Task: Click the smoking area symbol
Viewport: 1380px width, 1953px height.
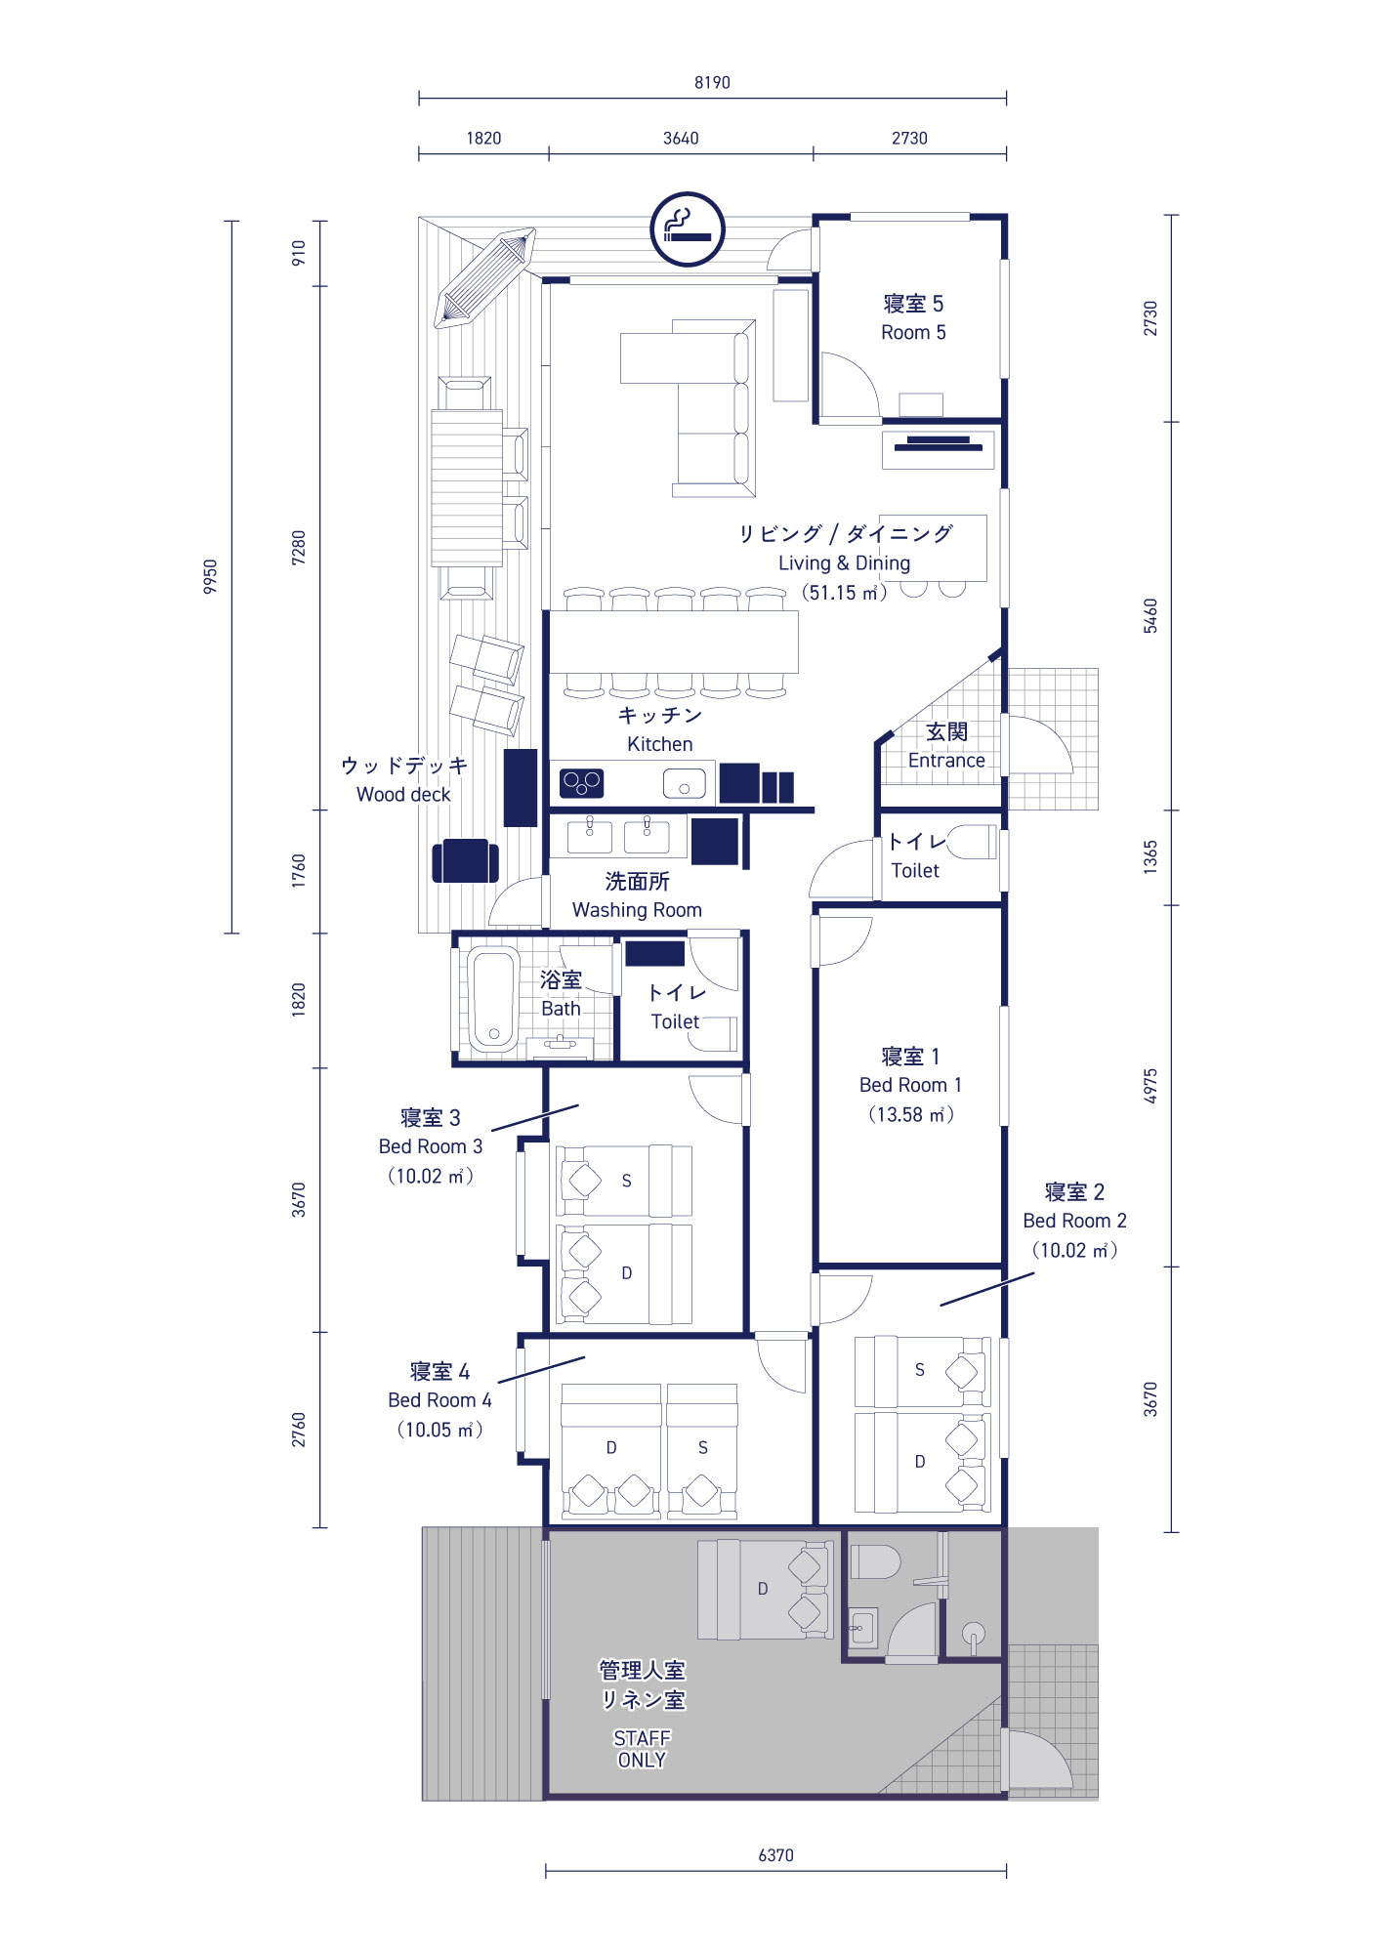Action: pyautogui.click(x=688, y=229)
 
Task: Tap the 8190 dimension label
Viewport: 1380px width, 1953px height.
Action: pyautogui.click(x=712, y=83)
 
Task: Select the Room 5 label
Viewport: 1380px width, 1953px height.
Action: pyautogui.click(x=913, y=332)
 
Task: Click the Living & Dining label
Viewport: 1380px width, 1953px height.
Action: pyautogui.click(x=844, y=562)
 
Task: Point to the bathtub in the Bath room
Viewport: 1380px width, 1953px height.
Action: pyautogui.click(x=493, y=998)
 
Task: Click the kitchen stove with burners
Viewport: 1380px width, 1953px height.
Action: pyautogui.click(x=581, y=783)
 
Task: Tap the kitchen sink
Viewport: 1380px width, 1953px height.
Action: pyautogui.click(x=684, y=783)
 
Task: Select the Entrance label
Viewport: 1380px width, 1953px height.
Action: pyautogui.click(x=946, y=761)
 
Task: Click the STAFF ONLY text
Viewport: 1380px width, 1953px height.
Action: pyautogui.click(x=642, y=1749)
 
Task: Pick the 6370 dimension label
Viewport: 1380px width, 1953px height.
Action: pyautogui.click(x=775, y=1855)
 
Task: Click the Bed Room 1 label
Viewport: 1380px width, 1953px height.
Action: pyautogui.click(x=910, y=1085)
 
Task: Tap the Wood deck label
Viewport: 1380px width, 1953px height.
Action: pyautogui.click(x=403, y=795)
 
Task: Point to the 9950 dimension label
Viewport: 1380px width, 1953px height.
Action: pyautogui.click(x=210, y=576)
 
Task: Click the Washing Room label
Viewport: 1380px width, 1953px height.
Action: pyautogui.click(x=637, y=910)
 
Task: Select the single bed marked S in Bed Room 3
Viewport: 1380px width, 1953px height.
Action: pyautogui.click(x=624, y=1181)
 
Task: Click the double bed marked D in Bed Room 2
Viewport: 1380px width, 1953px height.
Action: pyautogui.click(x=923, y=1462)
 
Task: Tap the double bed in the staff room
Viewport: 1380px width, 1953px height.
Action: pyautogui.click(x=766, y=1590)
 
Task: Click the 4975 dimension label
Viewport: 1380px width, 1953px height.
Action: pyautogui.click(x=1150, y=1086)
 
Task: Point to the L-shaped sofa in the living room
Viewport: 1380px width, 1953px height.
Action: pyautogui.click(x=713, y=408)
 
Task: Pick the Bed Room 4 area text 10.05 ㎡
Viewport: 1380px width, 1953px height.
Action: pyautogui.click(x=439, y=1430)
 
